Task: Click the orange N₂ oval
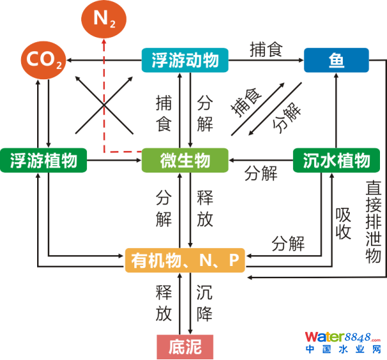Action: point(105,19)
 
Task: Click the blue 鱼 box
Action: point(337,61)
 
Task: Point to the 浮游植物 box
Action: point(48,160)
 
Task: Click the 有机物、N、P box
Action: point(185,260)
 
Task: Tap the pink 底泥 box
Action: point(185,347)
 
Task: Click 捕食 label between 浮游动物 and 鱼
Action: point(266,50)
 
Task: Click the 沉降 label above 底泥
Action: point(205,304)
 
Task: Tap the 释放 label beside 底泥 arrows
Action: point(164,304)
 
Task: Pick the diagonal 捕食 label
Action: point(247,101)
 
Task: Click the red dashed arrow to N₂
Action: point(105,96)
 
